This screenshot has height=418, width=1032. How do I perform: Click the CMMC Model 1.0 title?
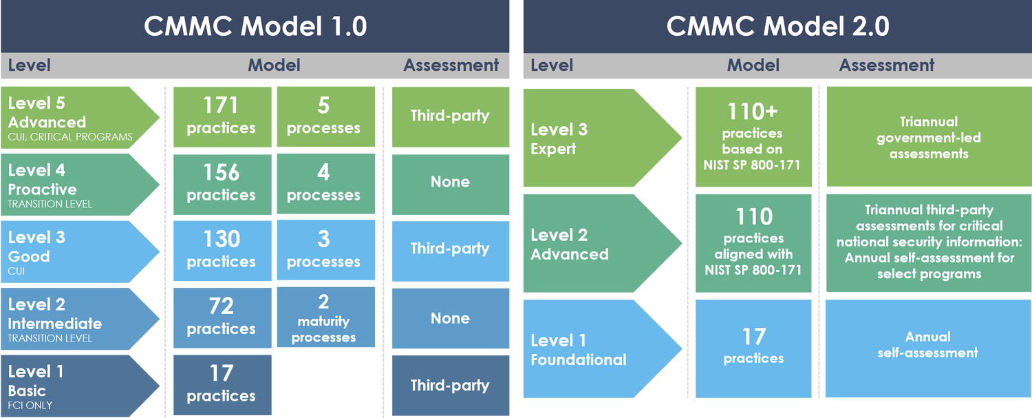255,26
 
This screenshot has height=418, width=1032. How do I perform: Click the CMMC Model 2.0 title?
777,26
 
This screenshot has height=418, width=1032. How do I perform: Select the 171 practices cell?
221,116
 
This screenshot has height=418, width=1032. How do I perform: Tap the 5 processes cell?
324,116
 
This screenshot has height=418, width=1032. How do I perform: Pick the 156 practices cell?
221,183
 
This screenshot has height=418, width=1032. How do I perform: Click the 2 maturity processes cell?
324,319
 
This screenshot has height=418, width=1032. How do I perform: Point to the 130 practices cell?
221,250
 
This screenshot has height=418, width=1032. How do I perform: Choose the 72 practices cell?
221,317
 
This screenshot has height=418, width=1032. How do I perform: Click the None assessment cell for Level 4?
450,182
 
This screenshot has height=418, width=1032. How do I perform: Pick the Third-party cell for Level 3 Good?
450,249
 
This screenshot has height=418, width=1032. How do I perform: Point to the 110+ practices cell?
753,137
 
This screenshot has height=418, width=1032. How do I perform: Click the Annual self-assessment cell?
927,345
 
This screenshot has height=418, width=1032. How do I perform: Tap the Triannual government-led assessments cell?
927,137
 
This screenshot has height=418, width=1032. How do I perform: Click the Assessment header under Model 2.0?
886,65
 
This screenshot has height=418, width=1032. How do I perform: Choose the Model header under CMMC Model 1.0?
274,65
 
